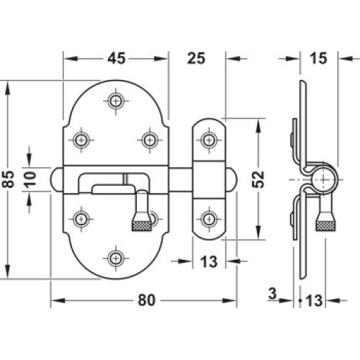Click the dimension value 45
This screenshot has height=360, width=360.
click(117, 58)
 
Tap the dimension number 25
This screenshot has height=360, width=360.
click(196, 58)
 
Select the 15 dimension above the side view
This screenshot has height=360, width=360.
click(318, 58)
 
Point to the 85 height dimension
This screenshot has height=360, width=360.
click(8, 179)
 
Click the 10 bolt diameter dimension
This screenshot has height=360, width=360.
click(30, 179)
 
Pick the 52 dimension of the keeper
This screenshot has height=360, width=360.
click(258, 179)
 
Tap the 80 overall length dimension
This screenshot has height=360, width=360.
click(147, 300)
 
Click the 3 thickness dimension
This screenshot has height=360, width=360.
click(272, 293)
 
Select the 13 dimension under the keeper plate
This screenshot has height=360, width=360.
click(209, 261)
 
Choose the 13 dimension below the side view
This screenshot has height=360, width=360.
click(314, 300)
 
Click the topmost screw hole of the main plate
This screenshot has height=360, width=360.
click(116, 101)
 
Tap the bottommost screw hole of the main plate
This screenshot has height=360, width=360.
click(116, 258)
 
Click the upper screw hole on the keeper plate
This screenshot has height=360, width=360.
click(209, 140)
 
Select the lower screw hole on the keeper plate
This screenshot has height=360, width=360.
click(209, 219)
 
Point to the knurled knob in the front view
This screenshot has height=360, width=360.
click(142, 225)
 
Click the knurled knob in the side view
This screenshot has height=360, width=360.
click(325, 225)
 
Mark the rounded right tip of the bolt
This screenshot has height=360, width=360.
click(232, 179)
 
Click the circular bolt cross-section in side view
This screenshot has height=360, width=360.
click(324, 179)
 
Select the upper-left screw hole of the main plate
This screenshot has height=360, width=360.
click(81, 140)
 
